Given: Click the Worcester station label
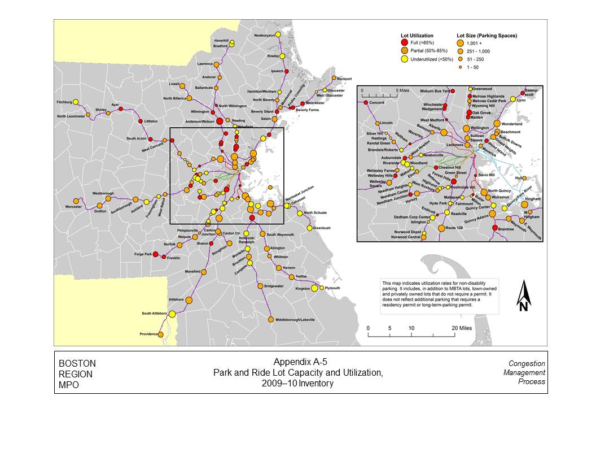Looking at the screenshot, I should coord(73,207).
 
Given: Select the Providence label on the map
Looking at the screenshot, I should coord(149,334).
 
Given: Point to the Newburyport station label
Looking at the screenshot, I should coord(264,36).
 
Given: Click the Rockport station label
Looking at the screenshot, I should coord(344,79).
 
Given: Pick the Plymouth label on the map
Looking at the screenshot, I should coord(332,288).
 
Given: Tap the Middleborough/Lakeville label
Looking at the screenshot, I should coord(295,320).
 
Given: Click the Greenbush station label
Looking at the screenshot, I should coord(322,228).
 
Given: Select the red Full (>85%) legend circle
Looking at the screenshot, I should coord(404,43).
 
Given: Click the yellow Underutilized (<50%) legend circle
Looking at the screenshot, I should coord(404,59).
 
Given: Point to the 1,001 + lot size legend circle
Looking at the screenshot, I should coord(461,43).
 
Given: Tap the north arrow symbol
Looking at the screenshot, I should coord(524,296).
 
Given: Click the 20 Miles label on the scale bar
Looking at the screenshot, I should coord(461,328).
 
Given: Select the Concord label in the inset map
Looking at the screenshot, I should coord(376,103).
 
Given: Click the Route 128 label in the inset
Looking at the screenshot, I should coord(454,228).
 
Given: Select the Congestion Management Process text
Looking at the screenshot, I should coord(527,372).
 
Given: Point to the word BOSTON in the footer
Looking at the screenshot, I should coord(77,363).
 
